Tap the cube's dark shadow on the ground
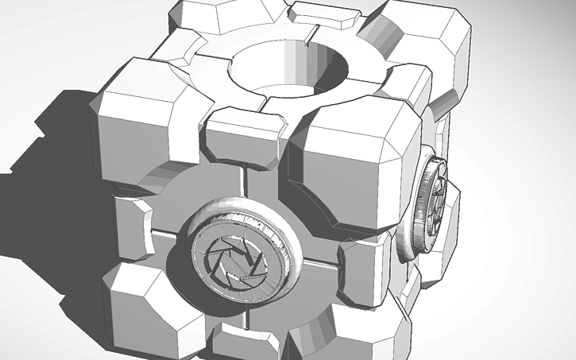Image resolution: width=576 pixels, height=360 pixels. [48, 183]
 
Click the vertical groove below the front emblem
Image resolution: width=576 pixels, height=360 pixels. [251, 314]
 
